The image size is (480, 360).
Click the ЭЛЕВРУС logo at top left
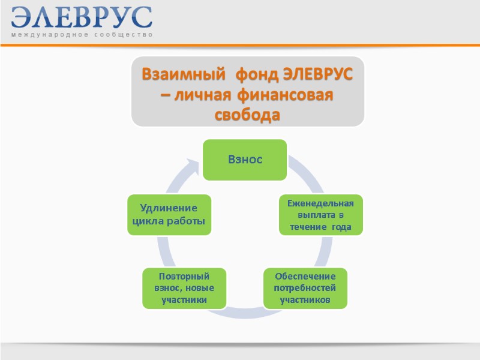point(82,17)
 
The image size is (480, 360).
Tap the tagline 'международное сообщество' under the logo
point(82,35)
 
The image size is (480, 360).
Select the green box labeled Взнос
point(245,160)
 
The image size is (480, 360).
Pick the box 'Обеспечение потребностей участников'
point(305,287)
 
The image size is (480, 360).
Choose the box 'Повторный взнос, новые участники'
point(184,287)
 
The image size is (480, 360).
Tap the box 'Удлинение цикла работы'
point(168,214)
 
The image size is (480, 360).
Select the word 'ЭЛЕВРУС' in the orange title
point(318,76)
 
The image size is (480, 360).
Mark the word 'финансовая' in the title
point(284,95)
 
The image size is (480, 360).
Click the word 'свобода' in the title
point(247,115)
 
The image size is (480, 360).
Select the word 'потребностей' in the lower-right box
point(305,287)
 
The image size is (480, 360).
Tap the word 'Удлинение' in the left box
point(169,208)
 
